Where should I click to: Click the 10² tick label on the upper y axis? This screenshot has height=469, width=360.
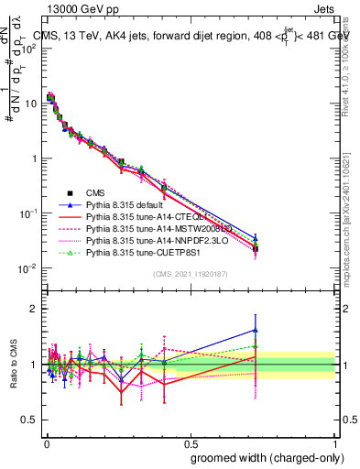pos(27,48)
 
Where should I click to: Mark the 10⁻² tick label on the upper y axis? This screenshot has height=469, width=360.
pos(27,268)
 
